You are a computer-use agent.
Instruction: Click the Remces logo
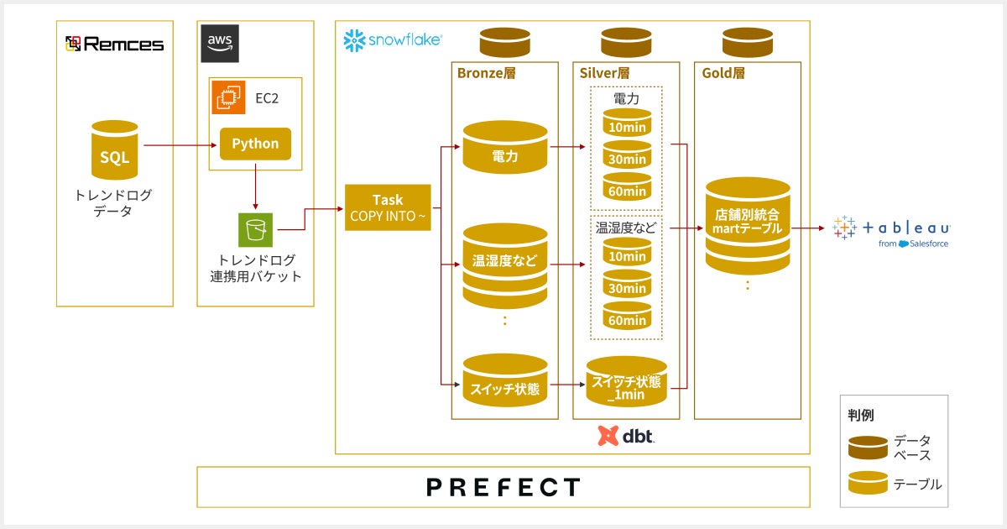(114, 44)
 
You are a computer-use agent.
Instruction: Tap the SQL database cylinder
(115, 153)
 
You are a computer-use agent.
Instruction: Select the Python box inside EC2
(255, 144)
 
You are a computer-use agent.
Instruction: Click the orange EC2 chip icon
(227, 97)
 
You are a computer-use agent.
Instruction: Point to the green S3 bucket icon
(254, 229)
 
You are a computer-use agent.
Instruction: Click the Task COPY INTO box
(388, 207)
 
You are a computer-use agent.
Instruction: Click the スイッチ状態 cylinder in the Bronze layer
(505, 381)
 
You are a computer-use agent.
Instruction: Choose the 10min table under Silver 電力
(627, 123)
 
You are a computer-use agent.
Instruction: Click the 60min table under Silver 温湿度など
(627, 316)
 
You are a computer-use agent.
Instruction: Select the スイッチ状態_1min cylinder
(627, 383)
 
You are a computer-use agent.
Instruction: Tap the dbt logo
(626, 436)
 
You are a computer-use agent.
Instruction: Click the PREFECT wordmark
(503, 487)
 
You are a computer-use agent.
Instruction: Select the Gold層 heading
(723, 73)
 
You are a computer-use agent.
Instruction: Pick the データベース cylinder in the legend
(868, 448)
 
